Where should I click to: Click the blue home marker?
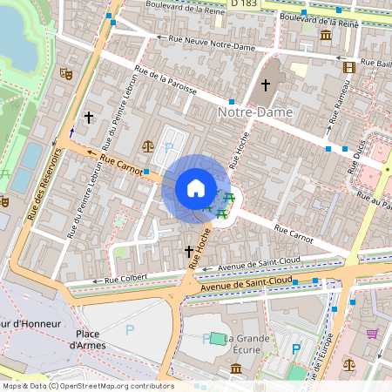196,188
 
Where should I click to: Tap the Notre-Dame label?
255,112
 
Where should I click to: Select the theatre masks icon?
64,75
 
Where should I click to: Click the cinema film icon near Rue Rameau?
349,67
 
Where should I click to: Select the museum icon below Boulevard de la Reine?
325,35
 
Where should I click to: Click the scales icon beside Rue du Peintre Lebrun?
146,145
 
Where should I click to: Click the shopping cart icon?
372,333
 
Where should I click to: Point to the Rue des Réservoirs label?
45,183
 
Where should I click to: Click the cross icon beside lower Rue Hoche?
188,252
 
